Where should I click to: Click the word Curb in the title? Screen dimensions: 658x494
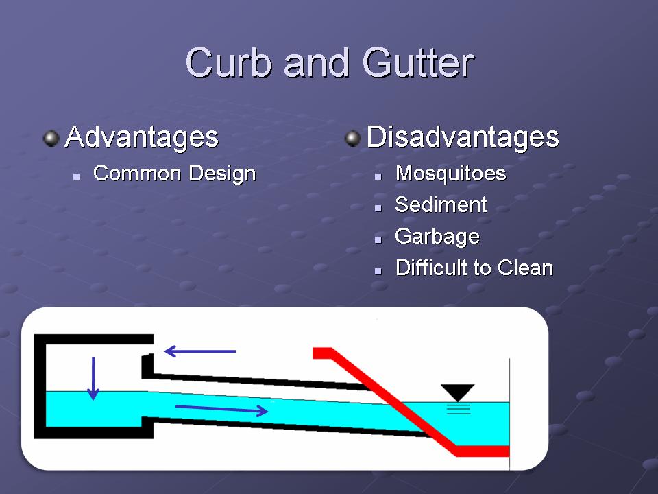tap(229, 62)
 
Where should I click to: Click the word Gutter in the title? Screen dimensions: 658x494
tap(418, 62)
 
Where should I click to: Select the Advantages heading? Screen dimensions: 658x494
tap(142, 137)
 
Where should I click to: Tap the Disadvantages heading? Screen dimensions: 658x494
tap(463, 137)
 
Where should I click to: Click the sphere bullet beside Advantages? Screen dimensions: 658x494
tap(51, 139)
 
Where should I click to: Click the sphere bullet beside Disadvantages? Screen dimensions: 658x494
tap(353, 139)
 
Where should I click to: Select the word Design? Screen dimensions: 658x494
tap(222, 174)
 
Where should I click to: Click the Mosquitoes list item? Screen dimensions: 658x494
tap(451, 174)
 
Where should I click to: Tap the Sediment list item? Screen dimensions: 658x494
tap(441, 204)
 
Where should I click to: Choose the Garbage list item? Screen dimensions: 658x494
tap(437, 237)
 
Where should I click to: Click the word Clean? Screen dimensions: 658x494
tap(526, 268)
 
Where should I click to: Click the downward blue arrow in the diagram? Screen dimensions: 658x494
tap(93, 378)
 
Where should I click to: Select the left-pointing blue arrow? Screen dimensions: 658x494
tap(199, 351)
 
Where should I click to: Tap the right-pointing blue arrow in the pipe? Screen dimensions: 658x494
tap(221, 409)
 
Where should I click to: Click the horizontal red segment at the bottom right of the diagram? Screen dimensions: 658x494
tap(483, 451)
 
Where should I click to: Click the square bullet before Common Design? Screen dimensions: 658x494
tap(76, 177)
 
